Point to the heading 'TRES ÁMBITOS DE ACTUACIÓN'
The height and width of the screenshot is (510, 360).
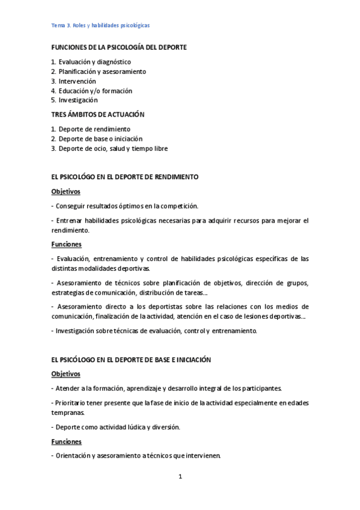98,114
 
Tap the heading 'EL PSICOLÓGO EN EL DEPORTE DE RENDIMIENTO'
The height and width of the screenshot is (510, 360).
125,177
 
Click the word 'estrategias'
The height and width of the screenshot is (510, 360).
69,293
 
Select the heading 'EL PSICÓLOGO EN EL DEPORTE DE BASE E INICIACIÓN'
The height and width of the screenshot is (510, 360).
132,359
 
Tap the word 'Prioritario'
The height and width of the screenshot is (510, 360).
72,402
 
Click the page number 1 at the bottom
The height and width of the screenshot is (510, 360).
180,477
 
